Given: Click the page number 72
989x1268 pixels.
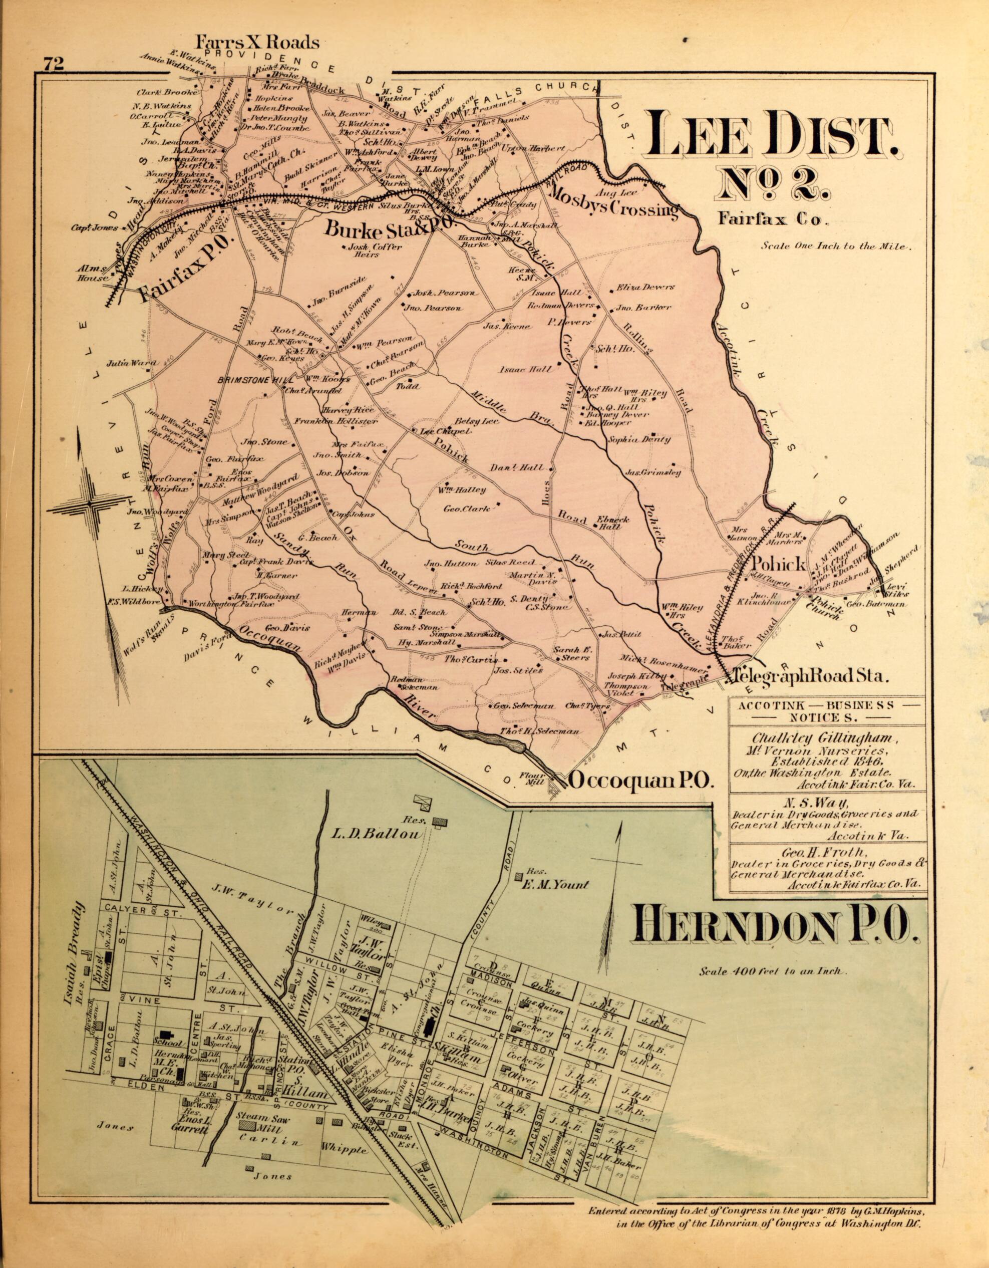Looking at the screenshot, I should [52, 64].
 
